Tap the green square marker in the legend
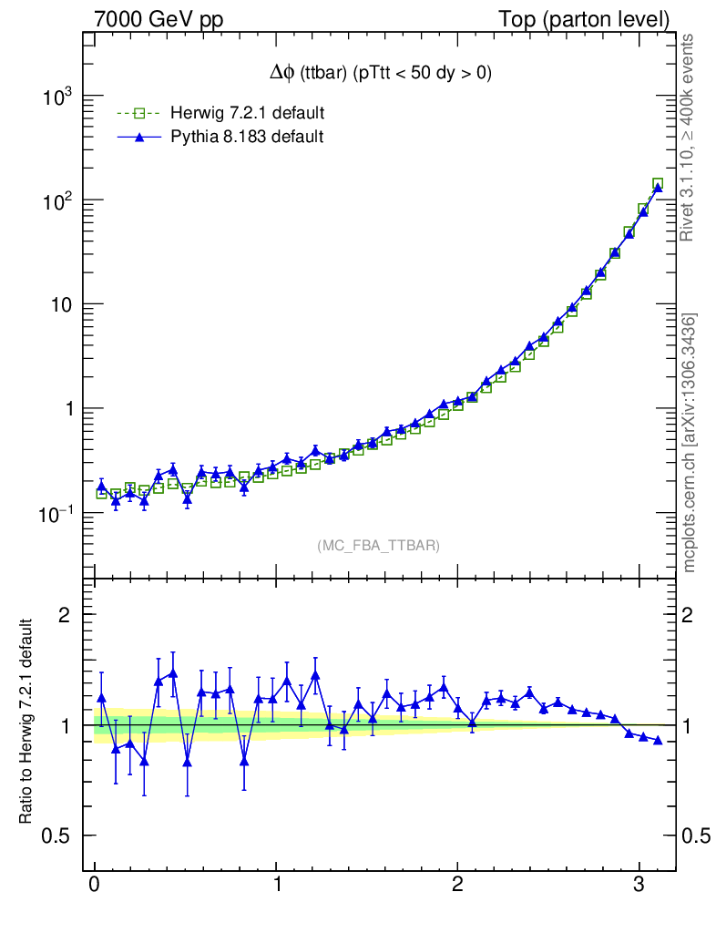(138, 114)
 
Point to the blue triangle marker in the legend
(138, 138)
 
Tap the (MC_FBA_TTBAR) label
(379, 546)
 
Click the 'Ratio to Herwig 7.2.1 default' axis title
(26, 723)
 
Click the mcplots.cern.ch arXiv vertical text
(690, 443)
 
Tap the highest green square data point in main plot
(658, 184)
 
